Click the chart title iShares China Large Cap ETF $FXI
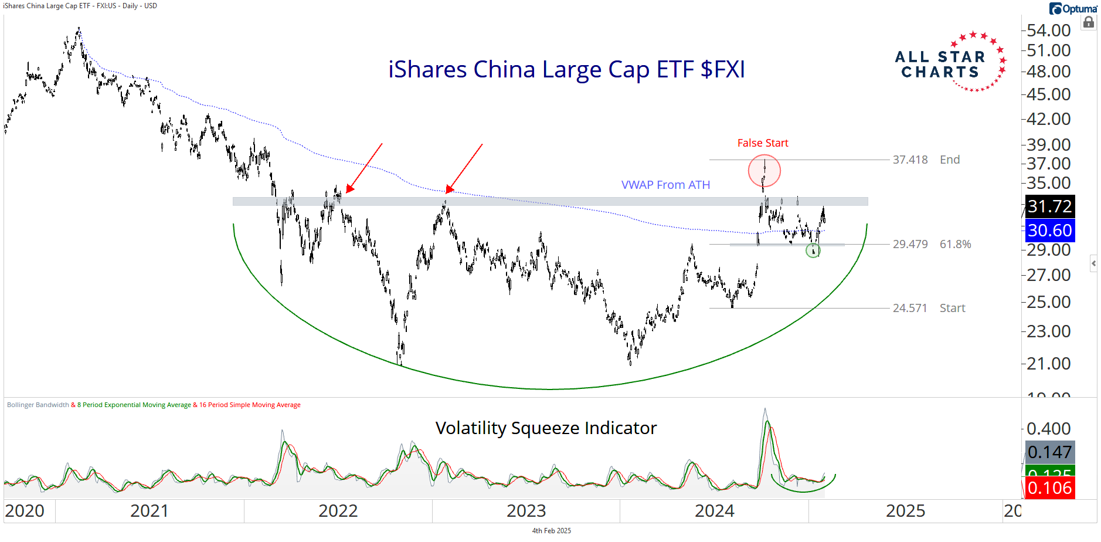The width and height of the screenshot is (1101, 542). coord(566,70)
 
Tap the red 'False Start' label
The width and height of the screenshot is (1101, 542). coord(762,143)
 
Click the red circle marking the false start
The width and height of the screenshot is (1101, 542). coord(764,171)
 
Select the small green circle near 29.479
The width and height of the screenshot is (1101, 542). coord(813,251)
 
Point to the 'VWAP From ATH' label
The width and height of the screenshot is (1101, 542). coord(665,185)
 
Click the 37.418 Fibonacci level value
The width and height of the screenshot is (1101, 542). coord(910,160)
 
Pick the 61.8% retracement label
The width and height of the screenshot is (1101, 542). coord(955,245)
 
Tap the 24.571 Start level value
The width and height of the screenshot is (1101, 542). coord(910,309)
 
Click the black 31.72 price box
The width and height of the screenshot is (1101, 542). coord(1049,206)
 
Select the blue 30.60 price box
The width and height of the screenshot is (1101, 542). coord(1049,231)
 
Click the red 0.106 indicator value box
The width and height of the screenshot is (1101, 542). coord(1049,488)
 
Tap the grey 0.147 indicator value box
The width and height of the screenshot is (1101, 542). coord(1049,452)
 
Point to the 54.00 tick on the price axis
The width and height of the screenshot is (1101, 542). coord(1049,31)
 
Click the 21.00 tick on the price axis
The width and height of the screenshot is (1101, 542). coord(1049,364)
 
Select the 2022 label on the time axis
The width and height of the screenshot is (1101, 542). coord(338,511)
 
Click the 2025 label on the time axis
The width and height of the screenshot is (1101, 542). coord(905,511)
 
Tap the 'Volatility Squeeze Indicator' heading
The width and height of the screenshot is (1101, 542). coord(546,428)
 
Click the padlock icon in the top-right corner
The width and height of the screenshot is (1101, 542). coord(1089,23)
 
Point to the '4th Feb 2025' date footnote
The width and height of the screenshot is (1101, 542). coord(551,531)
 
